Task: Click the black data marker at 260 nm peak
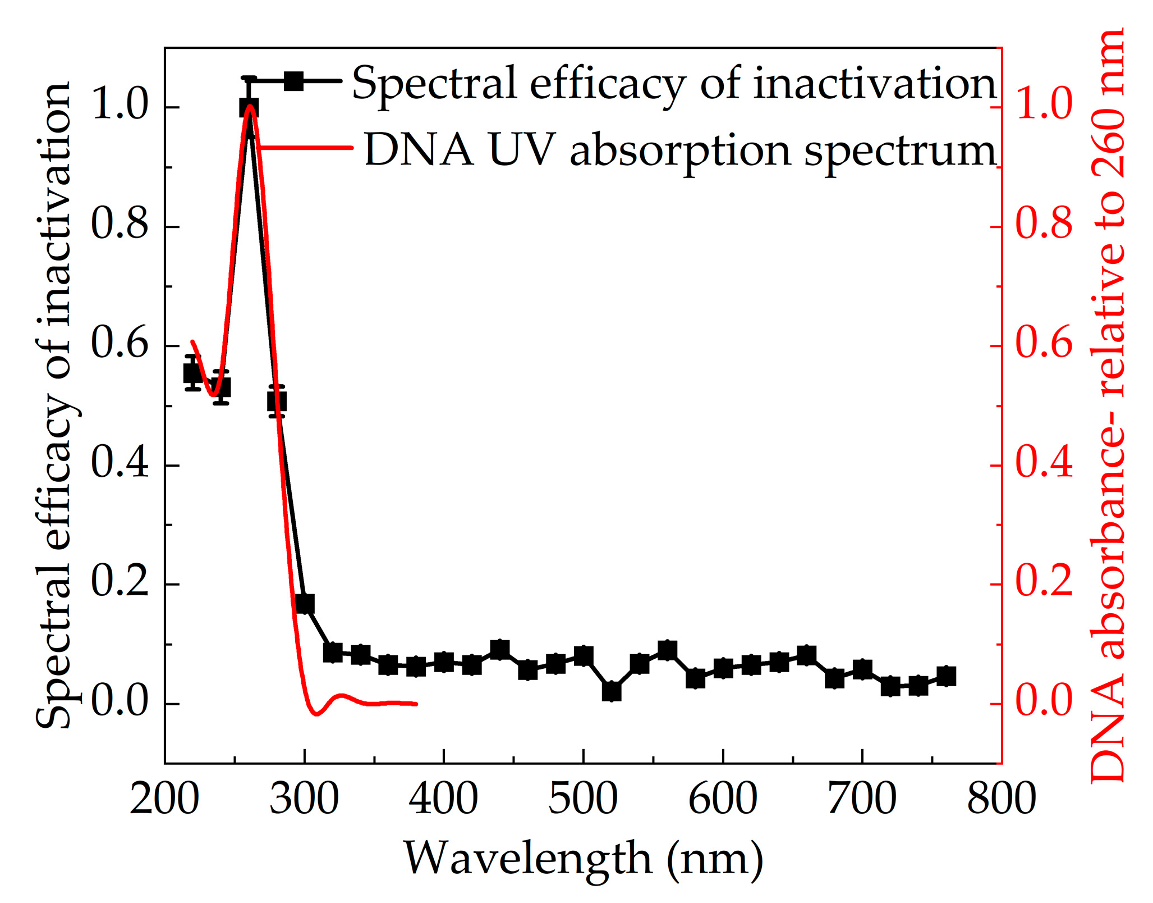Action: point(249,107)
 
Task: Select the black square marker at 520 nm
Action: point(611,691)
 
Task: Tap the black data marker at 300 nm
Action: point(305,604)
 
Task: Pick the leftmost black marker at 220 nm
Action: point(193,373)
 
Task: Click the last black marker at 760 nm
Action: point(946,677)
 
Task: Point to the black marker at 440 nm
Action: point(499,650)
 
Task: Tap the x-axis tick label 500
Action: point(582,799)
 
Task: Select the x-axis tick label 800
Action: point(1001,799)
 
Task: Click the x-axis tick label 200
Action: point(164,799)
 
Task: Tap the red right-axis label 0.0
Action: point(1044,703)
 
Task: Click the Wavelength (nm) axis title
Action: point(584,859)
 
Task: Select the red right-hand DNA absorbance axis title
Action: point(1109,404)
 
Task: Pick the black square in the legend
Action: point(293,81)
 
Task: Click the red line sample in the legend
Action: point(306,148)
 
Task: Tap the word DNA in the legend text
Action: point(419,150)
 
